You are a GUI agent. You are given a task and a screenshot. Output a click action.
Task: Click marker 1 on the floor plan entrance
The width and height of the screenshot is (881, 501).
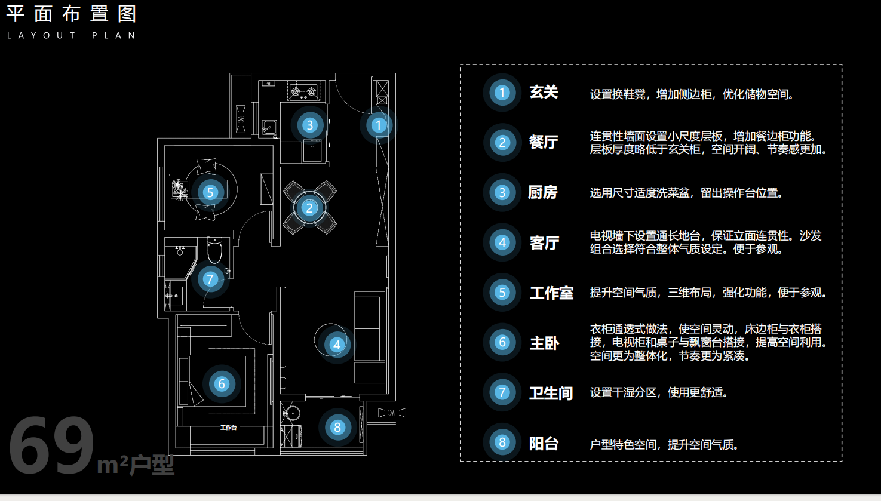[x=378, y=125]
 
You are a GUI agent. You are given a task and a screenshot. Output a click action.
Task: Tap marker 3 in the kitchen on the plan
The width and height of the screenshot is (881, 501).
[x=309, y=125]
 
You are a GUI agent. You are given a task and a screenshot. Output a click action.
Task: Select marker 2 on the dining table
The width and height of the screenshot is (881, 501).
[x=309, y=208]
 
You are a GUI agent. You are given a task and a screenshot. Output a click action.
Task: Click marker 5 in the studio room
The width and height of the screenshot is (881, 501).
[x=210, y=192]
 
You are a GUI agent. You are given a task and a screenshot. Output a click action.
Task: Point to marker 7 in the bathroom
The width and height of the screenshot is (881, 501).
[x=210, y=279]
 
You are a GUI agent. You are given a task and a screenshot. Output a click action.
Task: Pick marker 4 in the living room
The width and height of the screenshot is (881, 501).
[x=337, y=345]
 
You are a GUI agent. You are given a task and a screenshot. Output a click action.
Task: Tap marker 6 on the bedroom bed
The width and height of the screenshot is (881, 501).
[x=222, y=384]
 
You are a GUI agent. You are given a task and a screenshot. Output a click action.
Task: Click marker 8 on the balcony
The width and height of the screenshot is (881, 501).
[x=337, y=427]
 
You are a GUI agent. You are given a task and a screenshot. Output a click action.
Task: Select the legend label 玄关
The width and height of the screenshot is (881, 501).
[x=544, y=93]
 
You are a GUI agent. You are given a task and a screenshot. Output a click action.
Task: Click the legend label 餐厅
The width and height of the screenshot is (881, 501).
[x=544, y=142]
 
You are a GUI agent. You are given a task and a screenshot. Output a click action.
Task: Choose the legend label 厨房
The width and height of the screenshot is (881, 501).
[x=543, y=192]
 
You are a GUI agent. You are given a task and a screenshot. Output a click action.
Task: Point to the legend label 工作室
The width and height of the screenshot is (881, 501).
[x=551, y=293]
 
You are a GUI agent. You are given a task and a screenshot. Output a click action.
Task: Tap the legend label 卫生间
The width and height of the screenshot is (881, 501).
[x=551, y=393]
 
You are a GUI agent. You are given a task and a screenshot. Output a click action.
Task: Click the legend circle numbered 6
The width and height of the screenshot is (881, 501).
[x=502, y=342]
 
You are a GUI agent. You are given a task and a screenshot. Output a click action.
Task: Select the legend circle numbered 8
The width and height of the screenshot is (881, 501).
[x=502, y=442]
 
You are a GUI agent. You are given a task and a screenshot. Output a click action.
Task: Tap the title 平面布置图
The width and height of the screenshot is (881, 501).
[x=72, y=14]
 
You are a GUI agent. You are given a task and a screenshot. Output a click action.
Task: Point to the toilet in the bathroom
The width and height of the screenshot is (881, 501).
[x=214, y=251]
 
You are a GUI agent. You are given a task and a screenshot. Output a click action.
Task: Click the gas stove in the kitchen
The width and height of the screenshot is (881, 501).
[x=303, y=92]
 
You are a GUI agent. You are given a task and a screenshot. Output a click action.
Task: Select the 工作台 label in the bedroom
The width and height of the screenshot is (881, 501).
[x=228, y=428]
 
